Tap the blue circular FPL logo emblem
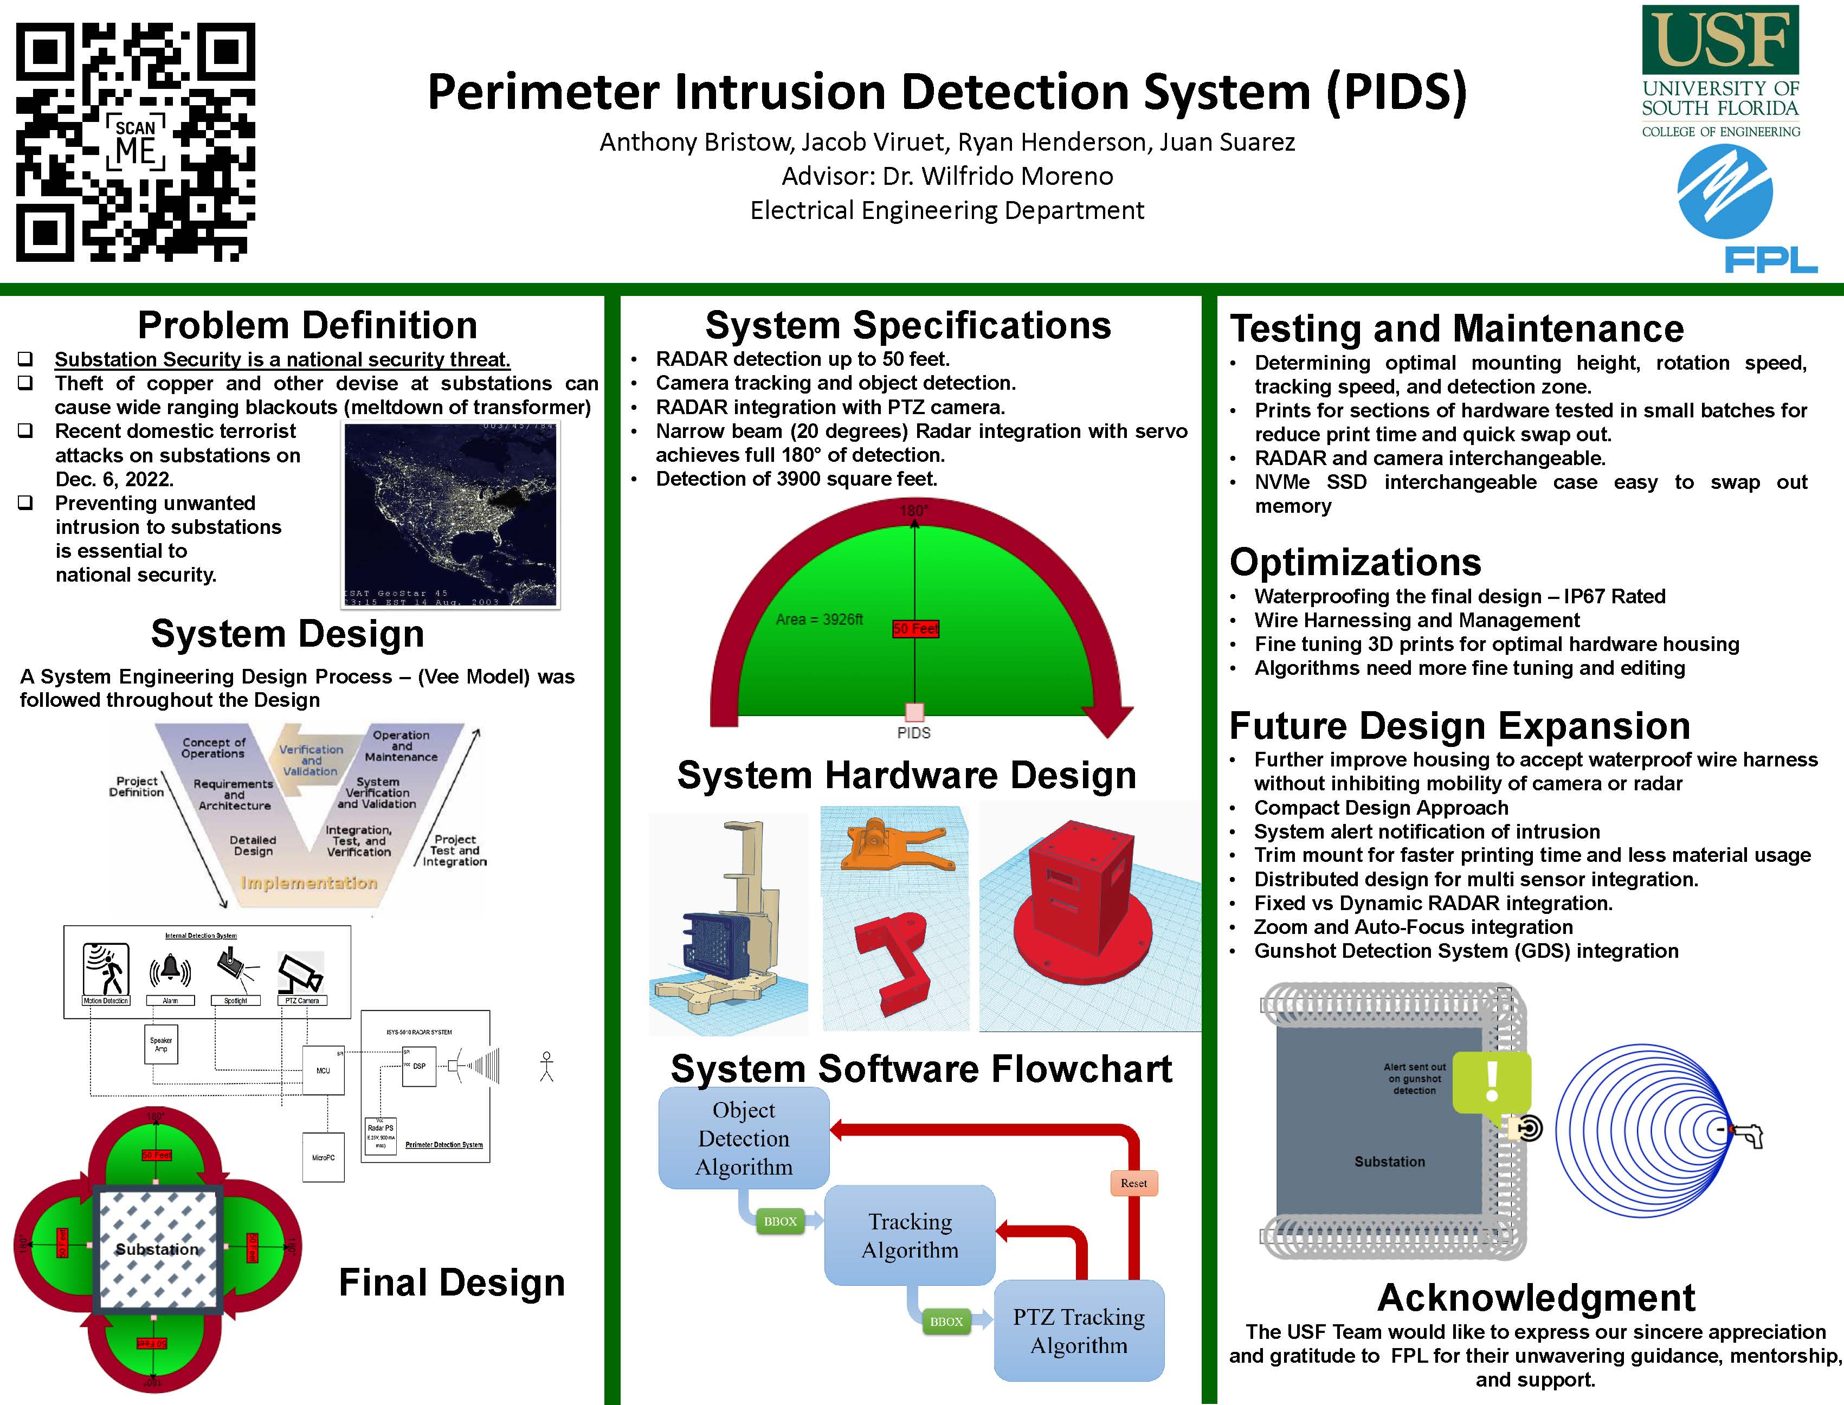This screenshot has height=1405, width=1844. (1724, 191)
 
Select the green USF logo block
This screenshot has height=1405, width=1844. (1720, 40)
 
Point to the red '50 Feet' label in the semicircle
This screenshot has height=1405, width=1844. (915, 629)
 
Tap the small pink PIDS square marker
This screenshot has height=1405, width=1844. (915, 712)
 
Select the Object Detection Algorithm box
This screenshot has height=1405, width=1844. (744, 1138)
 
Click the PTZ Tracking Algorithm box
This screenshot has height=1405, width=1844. (1079, 1331)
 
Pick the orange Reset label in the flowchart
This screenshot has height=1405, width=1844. (1133, 1183)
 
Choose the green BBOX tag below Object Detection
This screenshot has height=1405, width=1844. (779, 1222)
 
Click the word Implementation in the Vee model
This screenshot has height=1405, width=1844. (308, 883)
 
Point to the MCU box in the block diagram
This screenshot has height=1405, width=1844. (323, 1071)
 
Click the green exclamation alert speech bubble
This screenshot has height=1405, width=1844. (1492, 1084)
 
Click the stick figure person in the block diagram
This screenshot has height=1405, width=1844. (547, 1066)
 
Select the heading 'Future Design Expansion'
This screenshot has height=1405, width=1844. (1459, 726)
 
